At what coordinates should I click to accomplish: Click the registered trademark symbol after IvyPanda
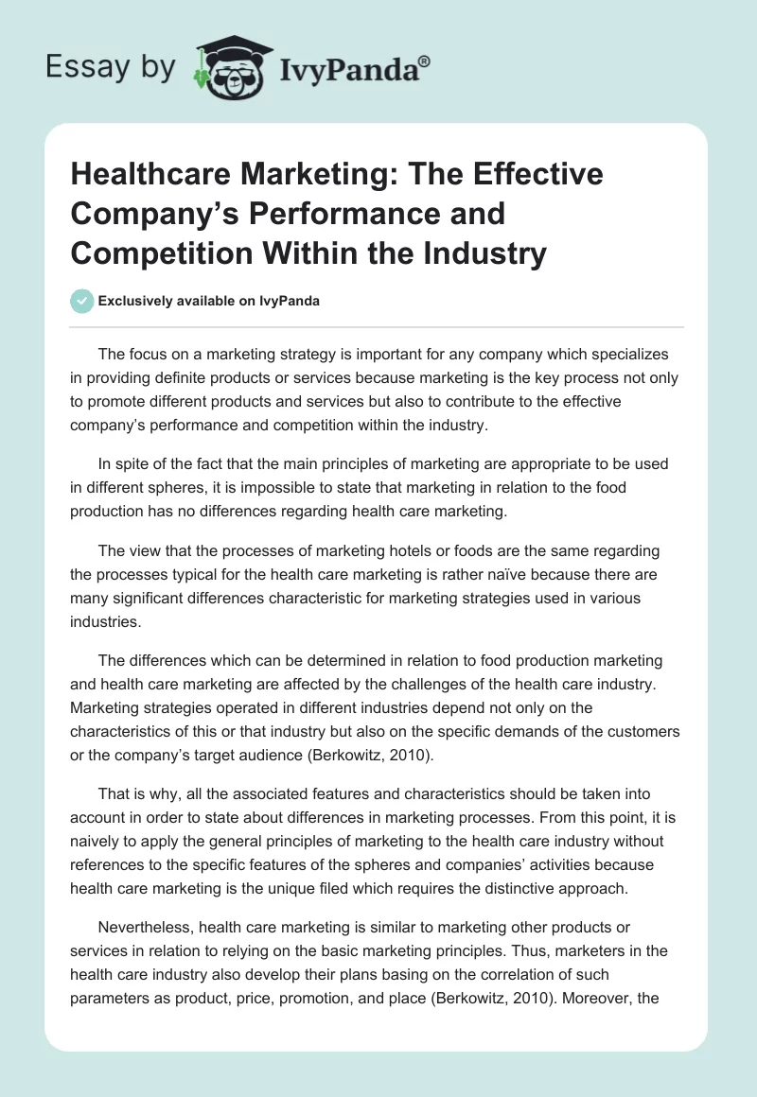pyautogui.click(x=424, y=62)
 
